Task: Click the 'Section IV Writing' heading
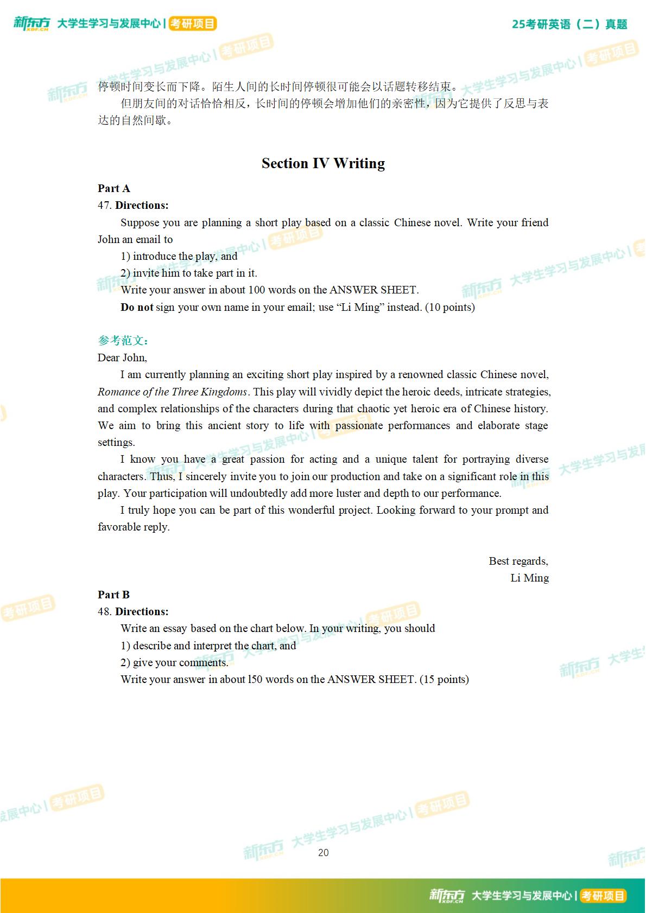[x=323, y=163]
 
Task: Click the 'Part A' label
[x=113, y=188]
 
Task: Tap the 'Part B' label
[x=113, y=595]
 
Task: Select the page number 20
[x=323, y=853]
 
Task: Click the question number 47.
[x=104, y=206]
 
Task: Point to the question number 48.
[x=104, y=612]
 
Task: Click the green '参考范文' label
[x=123, y=341]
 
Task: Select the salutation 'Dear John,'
[x=122, y=357]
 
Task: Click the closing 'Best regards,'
[x=518, y=561]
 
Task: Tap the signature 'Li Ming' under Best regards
[x=529, y=578]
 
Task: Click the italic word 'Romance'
[x=118, y=392]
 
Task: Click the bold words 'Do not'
[x=137, y=308]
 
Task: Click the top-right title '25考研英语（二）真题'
[x=569, y=24]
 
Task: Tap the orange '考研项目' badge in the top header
[x=192, y=24]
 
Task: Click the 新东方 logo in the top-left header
[x=31, y=24]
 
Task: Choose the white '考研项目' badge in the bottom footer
[x=603, y=896]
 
